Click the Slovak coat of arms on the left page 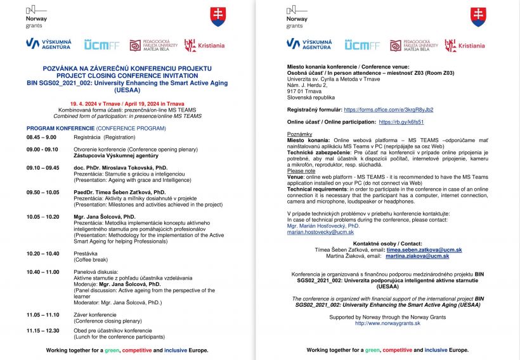click(218, 16)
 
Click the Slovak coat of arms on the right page click(478, 16)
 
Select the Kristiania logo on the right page click(464, 46)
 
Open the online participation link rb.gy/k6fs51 click(401, 122)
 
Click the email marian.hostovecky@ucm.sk click(320, 233)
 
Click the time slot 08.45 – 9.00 click(41, 137)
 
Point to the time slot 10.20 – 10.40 click(43, 254)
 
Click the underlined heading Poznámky click(299, 134)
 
